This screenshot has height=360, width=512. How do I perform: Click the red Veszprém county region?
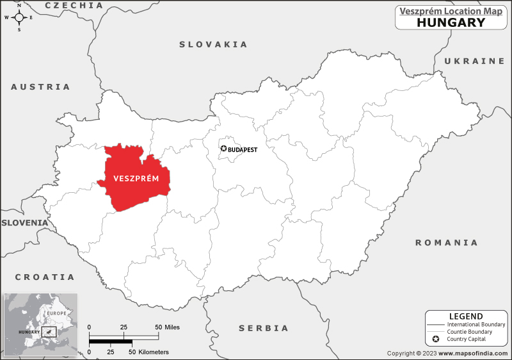point(134,179)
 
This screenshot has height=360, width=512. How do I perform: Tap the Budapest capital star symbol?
point(223,149)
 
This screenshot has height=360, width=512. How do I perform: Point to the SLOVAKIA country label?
point(213,44)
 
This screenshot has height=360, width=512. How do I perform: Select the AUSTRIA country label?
point(40,86)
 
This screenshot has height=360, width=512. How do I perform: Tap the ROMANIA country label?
point(446,243)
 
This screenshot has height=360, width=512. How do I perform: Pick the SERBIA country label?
point(264,328)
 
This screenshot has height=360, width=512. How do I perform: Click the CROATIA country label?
point(45,277)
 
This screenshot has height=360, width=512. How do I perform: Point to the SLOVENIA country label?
point(24,222)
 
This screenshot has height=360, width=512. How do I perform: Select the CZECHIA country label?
point(74,5)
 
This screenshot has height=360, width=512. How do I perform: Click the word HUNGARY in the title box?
point(451,22)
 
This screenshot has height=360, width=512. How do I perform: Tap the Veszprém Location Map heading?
point(451,10)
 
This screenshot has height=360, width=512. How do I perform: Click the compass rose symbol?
point(19,17)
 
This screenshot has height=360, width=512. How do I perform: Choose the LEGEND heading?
point(467,316)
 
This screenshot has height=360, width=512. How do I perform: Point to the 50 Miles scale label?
point(168,327)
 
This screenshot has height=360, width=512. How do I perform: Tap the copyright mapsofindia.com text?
point(447,353)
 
